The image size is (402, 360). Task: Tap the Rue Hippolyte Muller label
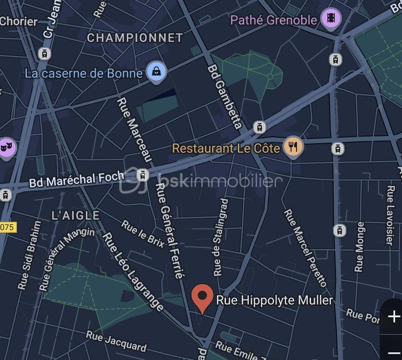point(274,300)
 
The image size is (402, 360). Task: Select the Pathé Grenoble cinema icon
point(331,19)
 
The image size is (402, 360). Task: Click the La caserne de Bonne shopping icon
point(156,72)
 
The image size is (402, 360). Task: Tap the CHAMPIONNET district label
point(135,38)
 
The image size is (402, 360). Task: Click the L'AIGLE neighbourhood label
point(75,215)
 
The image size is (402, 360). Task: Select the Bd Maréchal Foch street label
point(76,180)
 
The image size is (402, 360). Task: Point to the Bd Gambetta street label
point(224,96)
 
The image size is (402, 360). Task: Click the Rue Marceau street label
point(135,129)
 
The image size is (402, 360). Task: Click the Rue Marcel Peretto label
point(305,248)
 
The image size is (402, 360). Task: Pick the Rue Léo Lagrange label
point(133,272)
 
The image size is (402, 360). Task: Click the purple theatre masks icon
point(5,147)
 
